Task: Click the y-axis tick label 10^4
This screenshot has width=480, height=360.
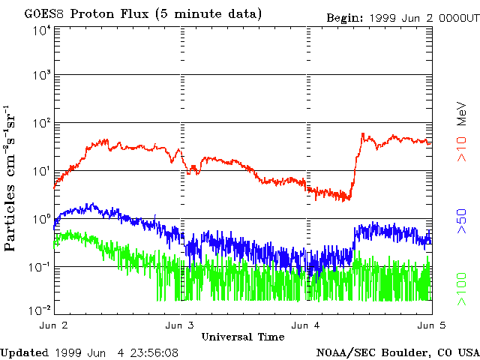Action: coord(41,31)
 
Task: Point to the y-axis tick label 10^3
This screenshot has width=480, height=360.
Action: coord(41,76)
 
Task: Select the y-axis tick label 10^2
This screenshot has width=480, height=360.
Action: coord(41,124)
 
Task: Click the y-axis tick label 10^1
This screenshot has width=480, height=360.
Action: coord(41,172)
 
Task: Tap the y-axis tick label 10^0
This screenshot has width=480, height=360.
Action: coord(41,220)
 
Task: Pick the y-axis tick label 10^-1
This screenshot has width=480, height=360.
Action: coord(40,268)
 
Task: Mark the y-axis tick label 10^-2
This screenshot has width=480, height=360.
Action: coord(40,309)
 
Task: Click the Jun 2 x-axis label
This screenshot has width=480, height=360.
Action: coord(54,326)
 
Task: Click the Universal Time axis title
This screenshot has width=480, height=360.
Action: coord(243,336)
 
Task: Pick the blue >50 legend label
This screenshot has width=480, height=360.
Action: coord(463,223)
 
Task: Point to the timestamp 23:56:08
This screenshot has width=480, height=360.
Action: coord(153,352)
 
